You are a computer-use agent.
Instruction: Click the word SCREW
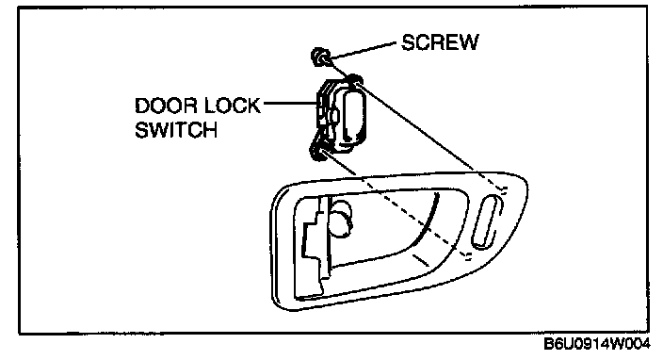(x=440, y=42)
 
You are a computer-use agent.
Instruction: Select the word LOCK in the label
(x=233, y=106)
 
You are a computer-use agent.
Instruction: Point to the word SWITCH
(x=176, y=130)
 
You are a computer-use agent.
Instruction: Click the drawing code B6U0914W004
(x=597, y=344)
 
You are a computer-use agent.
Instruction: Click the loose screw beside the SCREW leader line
(x=320, y=57)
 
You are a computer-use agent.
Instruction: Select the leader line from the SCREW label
(x=364, y=50)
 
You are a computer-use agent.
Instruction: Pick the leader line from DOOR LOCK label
(x=290, y=103)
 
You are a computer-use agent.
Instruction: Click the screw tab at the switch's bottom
(x=318, y=153)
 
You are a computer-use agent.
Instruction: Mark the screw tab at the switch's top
(x=353, y=79)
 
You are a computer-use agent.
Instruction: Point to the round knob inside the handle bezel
(x=340, y=218)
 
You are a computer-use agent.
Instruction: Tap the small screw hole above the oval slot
(x=504, y=189)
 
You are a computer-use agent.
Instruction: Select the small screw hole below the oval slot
(x=468, y=254)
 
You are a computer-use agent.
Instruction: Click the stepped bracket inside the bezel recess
(x=314, y=245)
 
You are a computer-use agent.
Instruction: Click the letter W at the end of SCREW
(x=469, y=42)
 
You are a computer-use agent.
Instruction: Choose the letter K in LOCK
(x=253, y=106)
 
